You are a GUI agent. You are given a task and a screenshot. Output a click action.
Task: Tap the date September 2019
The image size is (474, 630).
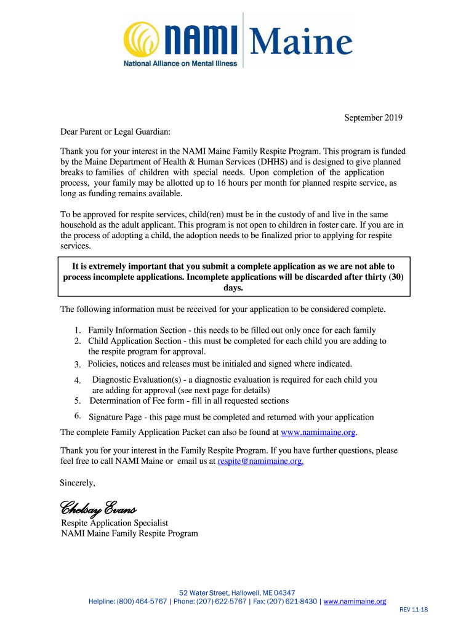[x=373, y=118]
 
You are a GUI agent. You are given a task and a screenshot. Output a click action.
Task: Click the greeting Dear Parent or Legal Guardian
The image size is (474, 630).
[x=114, y=132]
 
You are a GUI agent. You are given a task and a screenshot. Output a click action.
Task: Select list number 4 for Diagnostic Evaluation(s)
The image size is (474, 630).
[x=78, y=381]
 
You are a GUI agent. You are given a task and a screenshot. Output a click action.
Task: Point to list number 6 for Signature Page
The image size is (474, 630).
[x=78, y=417]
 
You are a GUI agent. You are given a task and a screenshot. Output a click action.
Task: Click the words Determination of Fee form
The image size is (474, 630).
[x=134, y=401]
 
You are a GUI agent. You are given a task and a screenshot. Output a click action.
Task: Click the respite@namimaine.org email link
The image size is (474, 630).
[x=260, y=461]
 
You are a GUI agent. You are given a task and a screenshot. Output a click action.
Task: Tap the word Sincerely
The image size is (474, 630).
[x=77, y=482]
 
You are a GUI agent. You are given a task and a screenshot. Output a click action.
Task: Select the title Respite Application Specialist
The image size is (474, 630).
[x=114, y=523]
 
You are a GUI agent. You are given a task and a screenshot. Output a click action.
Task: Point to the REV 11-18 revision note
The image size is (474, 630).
[x=414, y=610]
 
